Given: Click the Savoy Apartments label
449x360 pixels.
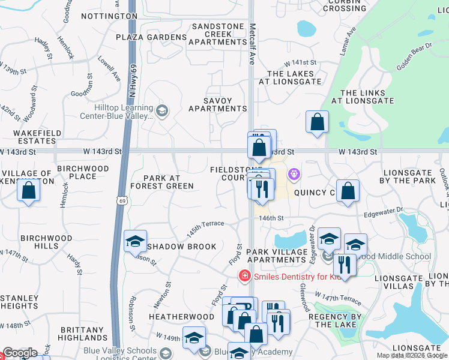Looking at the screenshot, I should (x=217, y=104).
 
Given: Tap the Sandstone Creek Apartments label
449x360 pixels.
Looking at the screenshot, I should (x=217, y=34).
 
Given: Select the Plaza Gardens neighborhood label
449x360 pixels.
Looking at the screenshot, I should (x=151, y=37).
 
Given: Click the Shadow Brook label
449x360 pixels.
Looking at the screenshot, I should (x=181, y=247).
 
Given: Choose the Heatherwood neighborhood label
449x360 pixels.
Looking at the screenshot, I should (x=181, y=316).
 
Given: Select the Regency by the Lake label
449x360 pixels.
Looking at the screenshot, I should (x=335, y=320).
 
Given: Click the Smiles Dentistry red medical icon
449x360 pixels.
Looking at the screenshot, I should (x=244, y=277).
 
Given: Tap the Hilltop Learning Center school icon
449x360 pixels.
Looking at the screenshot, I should (x=161, y=110).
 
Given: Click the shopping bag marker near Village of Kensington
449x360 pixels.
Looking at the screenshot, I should (x=28, y=191).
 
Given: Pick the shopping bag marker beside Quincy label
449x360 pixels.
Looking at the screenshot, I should (x=348, y=191).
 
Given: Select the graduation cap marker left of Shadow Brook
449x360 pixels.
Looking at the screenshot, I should (x=135, y=242).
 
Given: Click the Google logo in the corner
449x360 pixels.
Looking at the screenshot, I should (x=20, y=353).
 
